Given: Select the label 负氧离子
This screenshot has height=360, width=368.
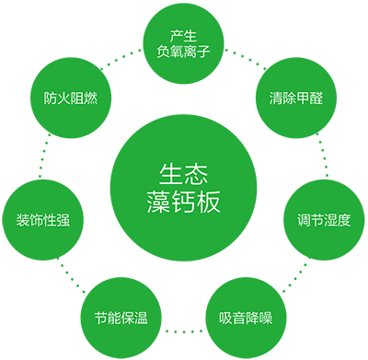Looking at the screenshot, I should coord(184,52).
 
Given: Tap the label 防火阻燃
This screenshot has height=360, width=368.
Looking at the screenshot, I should coord(71,98).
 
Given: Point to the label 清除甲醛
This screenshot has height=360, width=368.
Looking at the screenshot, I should coord(296,98).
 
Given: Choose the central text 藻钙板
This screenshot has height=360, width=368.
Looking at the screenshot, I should coord(184,202).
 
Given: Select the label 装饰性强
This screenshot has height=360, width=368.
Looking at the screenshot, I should coord(43,220).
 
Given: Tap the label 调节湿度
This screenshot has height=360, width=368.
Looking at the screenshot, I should coord(324,220).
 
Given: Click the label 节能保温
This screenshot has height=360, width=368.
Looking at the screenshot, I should coord(121,319).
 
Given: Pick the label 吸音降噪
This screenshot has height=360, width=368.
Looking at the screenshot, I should coord(246,319).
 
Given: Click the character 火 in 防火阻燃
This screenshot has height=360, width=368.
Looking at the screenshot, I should coord(64,98).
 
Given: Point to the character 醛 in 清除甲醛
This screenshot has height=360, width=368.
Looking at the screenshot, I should coord(316,98).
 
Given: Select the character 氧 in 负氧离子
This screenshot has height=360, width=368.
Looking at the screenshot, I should coord(178,52).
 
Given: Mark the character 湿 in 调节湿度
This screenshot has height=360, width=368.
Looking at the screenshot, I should coord(330,220).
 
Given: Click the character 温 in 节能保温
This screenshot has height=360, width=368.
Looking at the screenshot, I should coord(141,319).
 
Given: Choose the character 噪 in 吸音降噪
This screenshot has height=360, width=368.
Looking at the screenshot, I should coord(266,319).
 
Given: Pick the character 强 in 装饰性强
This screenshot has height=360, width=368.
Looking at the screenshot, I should coord(63,220).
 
